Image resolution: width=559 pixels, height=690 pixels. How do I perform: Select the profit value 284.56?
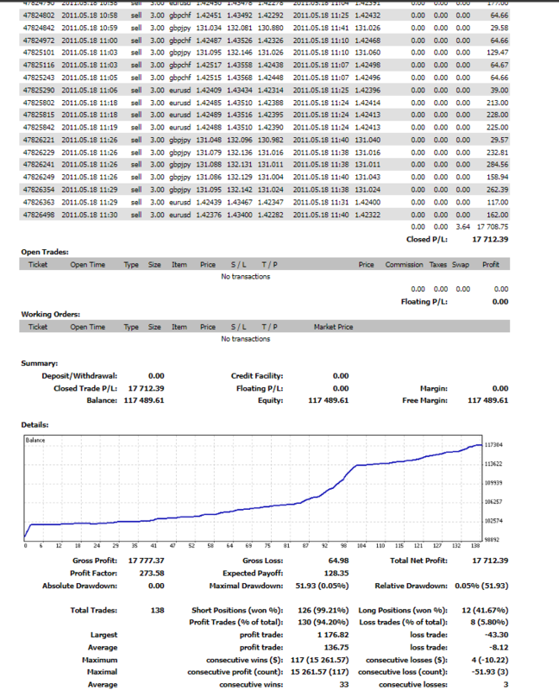498,164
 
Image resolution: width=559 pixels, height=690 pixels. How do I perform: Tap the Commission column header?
404,265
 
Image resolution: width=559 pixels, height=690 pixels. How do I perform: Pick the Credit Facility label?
256,376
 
